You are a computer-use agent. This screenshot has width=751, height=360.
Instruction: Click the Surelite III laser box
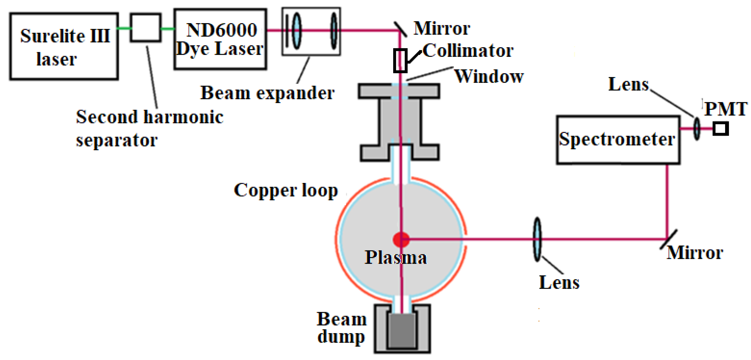coord(64,47)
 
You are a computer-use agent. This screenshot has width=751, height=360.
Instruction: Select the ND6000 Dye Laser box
coord(220,39)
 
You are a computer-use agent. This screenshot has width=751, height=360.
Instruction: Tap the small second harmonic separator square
coord(145,28)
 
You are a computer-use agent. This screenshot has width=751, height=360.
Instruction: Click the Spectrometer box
coord(618,140)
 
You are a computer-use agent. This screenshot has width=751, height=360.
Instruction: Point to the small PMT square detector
coord(720,129)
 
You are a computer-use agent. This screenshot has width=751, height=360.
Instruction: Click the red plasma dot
coord(401,239)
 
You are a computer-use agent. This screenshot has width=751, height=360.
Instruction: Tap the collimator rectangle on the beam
coord(400,61)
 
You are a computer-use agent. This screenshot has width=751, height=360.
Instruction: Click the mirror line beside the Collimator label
coord(400,29)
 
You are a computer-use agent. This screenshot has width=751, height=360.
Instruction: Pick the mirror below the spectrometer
coord(668,239)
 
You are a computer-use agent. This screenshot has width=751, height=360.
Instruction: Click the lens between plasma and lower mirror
coord(537,239)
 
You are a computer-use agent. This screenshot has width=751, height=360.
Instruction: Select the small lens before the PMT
coord(697,129)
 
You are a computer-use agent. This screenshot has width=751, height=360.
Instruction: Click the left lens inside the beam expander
coord(297,30)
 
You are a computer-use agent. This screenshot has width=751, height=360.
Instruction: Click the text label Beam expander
coord(267,93)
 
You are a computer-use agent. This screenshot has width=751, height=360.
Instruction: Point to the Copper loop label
coord(286,190)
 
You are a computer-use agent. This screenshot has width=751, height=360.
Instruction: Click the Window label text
coord(489,77)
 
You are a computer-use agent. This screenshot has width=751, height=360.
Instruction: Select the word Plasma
coord(396,258)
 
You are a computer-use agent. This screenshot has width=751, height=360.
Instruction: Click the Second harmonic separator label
coord(149,128)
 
